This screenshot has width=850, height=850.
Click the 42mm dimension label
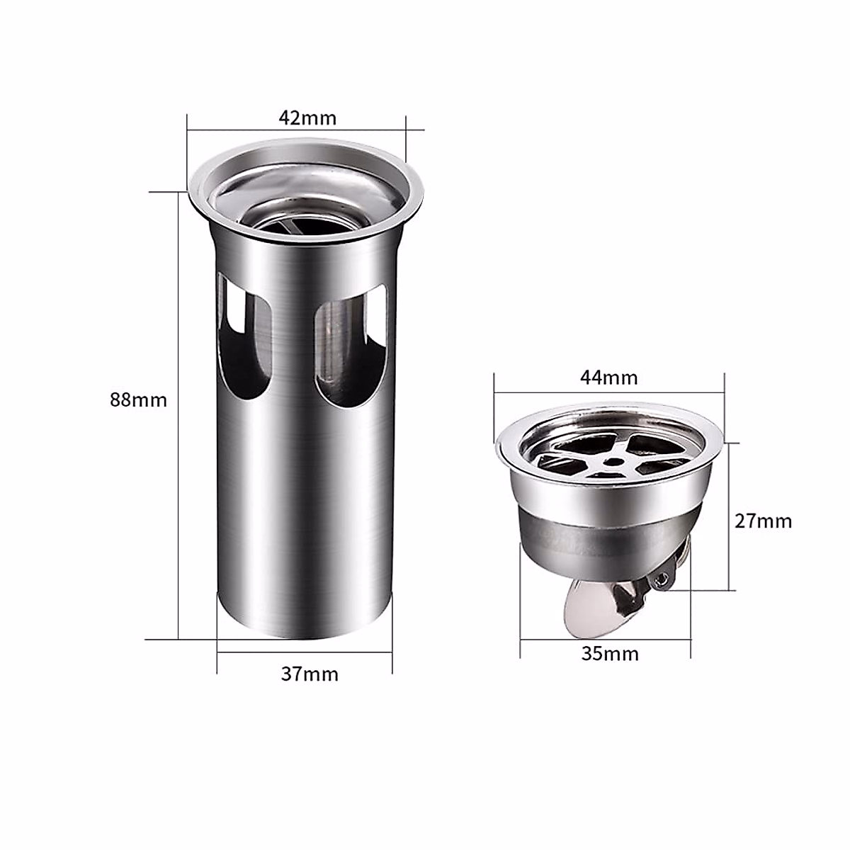pyautogui.click(x=307, y=118)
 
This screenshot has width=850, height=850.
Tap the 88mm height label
pyautogui.click(x=139, y=399)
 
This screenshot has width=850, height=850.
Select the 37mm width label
pyautogui.click(x=310, y=674)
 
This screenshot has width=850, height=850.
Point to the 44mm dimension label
pyautogui.click(x=608, y=378)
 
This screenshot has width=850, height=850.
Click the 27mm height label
pyautogui.click(x=763, y=521)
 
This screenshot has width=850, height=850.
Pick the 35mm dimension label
pyautogui.click(x=610, y=653)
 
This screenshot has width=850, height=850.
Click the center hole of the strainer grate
pyautogui.click(x=610, y=461)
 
